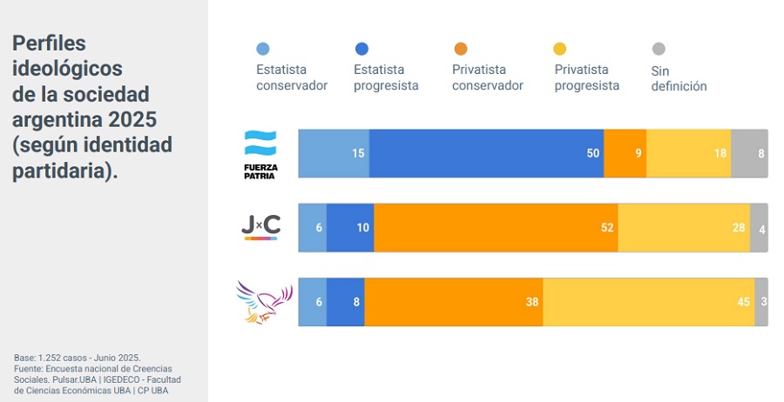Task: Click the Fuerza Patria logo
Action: click(260, 154)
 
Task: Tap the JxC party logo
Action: click(260, 227)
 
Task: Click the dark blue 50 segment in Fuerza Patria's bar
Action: click(486, 153)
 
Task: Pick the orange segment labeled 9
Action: click(625, 153)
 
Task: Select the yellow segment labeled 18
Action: click(688, 153)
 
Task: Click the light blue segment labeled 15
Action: click(334, 153)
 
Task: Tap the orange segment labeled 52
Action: click(496, 228)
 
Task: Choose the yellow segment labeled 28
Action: click(684, 228)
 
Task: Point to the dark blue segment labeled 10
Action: click(350, 228)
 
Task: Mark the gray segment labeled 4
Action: click(759, 228)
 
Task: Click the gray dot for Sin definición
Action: click(659, 49)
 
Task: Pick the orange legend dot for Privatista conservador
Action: click(461, 49)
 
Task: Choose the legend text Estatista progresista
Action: click(386, 77)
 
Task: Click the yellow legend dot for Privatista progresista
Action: click(561, 49)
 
